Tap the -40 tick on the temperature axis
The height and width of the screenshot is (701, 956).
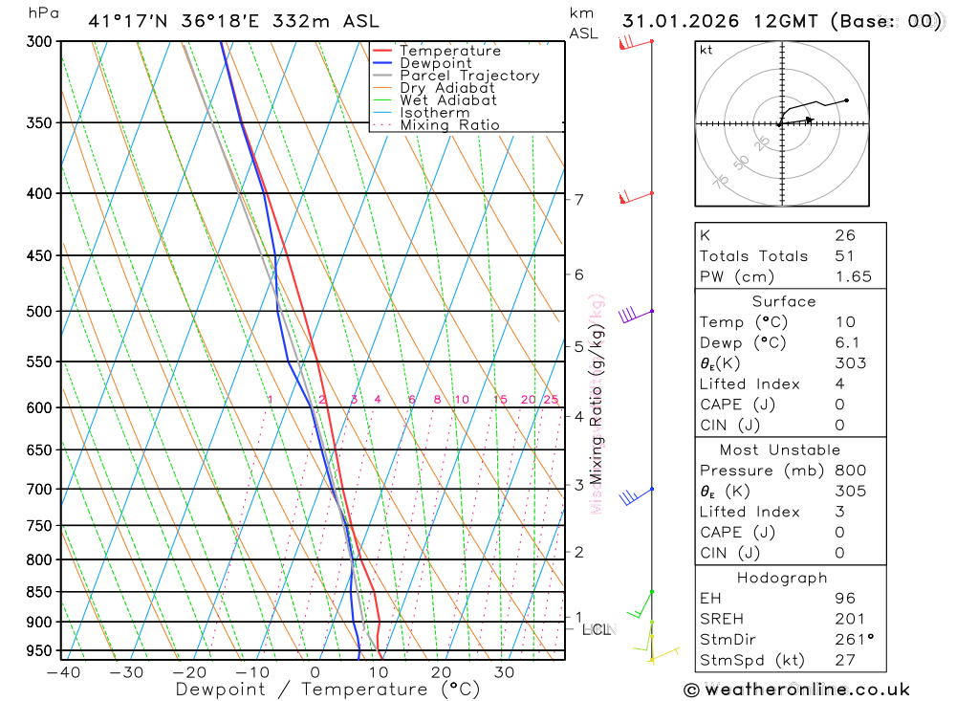63,672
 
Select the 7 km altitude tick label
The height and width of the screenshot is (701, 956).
578,200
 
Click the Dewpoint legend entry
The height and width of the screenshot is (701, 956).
435,63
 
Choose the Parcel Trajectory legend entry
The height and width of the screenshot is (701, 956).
468,76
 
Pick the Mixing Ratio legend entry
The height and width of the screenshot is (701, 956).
449,125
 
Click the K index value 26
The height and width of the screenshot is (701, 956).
845,235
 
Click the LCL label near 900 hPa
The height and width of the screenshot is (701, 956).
597,629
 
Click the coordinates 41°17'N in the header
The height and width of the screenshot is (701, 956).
127,21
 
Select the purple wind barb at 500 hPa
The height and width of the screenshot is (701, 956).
629,315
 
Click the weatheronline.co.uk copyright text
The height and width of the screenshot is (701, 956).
796,690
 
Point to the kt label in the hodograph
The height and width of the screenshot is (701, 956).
706,50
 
